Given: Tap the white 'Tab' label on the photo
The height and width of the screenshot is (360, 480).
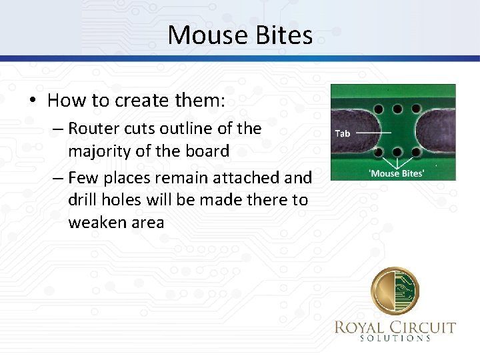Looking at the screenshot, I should pos(342,133).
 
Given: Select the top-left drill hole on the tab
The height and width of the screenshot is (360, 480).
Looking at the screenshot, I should pos(379,108).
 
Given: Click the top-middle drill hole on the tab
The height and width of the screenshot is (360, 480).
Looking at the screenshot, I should pos(398,108).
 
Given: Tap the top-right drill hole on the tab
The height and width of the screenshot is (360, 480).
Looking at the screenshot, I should pos(416,108).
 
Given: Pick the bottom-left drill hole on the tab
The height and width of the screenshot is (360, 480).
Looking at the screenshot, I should pos(379,151).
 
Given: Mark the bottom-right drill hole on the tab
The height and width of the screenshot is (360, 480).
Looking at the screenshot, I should pos(416,151).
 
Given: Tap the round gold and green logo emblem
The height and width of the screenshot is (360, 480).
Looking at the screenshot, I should pos(396,291).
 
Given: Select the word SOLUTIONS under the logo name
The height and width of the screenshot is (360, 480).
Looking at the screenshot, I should pos(396,339).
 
